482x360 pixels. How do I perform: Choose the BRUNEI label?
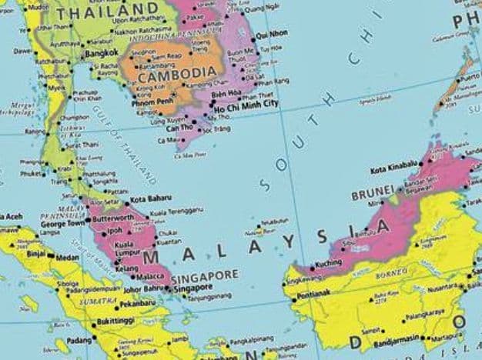pyautogui.click(x=372, y=188)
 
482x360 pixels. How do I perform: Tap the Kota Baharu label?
pyautogui.click(x=150, y=199)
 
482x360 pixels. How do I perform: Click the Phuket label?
pyautogui.click(x=30, y=174)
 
